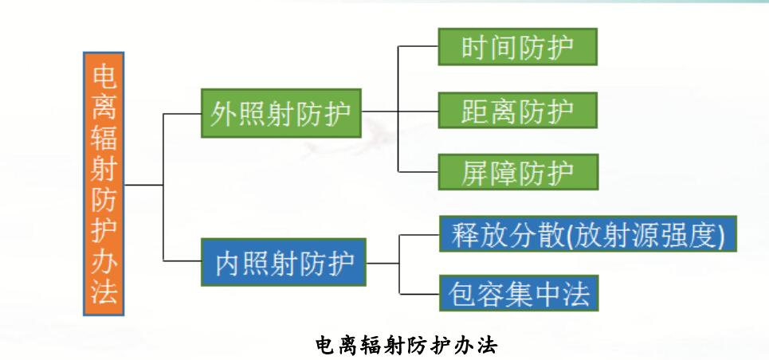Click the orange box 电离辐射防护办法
[104, 183]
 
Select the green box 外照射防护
[281, 113]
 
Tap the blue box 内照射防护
[284, 262]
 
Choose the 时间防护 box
[517, 47]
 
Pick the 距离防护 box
[517, 111]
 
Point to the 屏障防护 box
[518, 172]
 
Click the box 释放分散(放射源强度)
[588, 233]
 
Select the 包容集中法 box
[519, 293]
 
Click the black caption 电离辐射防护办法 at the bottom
[406, 346]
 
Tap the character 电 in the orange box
[104, 77]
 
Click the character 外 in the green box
[224, 114]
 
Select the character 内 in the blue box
[229, 263]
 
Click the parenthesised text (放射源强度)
[646, 234]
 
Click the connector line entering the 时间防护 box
[418, 46]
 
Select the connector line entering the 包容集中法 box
[419, 294]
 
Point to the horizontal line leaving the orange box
[143, 185]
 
